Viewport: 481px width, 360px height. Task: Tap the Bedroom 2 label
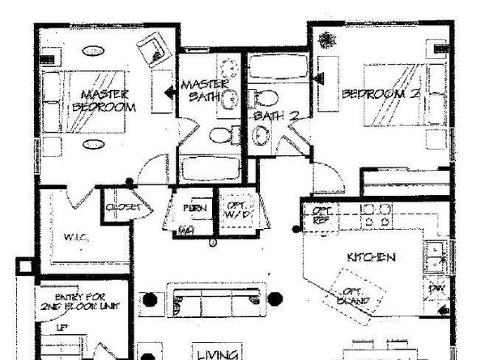381,95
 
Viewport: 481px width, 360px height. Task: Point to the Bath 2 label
274,116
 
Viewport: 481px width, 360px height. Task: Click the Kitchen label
371,258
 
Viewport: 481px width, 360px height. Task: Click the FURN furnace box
194,208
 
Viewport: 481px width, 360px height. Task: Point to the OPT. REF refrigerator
322,215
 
